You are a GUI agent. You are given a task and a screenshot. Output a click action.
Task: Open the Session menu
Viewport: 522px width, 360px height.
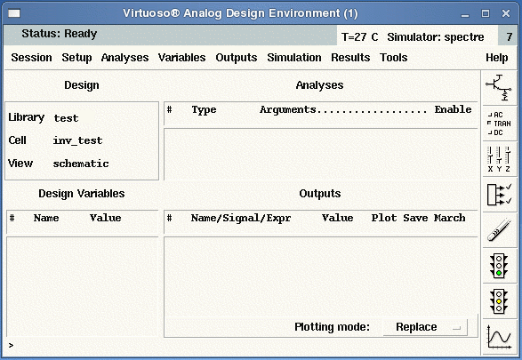pyautogui.click(x=32, y=58)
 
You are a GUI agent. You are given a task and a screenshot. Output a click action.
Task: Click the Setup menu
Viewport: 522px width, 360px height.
pyautogui.click(x=76, y=58)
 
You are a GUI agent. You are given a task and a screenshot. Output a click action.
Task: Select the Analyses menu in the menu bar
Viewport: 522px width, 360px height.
pyautogui.click(x=124, y=58)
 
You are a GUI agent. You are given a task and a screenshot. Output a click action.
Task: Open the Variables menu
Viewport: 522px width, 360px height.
pyautogui.click(x=181, y=58)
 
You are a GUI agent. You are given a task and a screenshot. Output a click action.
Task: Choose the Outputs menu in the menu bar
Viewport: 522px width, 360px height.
pyautogui.click(x=237, y=58)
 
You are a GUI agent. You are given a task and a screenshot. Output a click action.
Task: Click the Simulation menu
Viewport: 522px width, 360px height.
pyautogui.click(x=294, y=58)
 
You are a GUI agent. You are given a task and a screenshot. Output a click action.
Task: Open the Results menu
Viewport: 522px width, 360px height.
pyautogui.click(x=350, y=58)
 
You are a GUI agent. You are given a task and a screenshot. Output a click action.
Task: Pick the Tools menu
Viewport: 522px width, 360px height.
pyautogui.click(x=393, y=58)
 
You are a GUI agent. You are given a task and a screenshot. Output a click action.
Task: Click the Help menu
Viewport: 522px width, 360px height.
pyautogui.click(x=497, y=58)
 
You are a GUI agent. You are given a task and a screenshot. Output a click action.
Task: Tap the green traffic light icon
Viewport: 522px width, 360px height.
pyautogui.click(x=499, y=266)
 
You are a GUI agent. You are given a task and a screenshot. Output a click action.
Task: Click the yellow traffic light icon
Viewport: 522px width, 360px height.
pyautogui.click(x=499, y=301)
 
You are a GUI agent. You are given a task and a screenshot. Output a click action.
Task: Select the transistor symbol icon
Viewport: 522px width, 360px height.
pyautogui.click(x=499, y=87)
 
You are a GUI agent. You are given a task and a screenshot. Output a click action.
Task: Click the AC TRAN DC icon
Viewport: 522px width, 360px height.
pyautogui.click(x=499, y=124)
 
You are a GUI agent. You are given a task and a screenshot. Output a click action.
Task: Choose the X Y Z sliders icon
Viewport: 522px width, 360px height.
pyautogui.click(x=499, y=159)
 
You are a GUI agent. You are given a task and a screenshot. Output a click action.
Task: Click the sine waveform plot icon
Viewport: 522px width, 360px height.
pyautogui.click(x=499, y=337)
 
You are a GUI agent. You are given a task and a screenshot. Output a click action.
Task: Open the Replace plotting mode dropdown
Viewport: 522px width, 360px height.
pyautogui.click(x=425, y=327)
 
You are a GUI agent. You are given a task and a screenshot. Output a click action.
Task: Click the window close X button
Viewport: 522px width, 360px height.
pyautogui.click(x=506, y=13)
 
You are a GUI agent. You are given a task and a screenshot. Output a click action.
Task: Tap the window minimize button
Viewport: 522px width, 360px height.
pyautogui.click(x=465, y=15)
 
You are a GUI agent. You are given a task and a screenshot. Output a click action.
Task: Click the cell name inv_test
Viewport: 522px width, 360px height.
pyautogui.click(x=77, y=140)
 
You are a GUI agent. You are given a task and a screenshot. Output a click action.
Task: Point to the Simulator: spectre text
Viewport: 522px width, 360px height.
pyautogui.click(x=436, y=37)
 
